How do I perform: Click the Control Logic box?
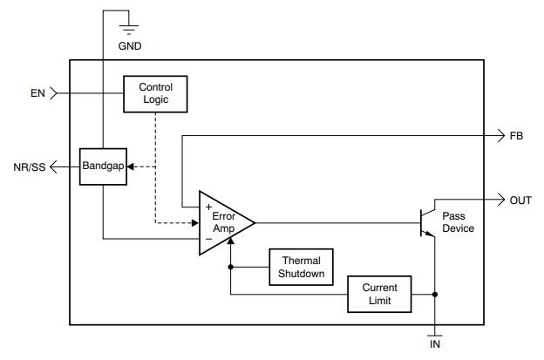point(155,93)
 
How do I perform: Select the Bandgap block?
point(102,166)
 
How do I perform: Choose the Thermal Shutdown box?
point(301,268)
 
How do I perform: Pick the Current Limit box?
point(379,295)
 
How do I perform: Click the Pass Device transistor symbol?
point(427,222)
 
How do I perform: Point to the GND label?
point(129,46)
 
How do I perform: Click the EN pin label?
point(37,92)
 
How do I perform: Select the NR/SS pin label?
point(29,166)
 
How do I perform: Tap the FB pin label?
point(515,136)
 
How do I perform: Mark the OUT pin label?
point(520,200)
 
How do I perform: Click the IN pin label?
point(434,344)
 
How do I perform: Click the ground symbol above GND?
point(129,26)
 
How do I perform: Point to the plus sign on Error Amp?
point(208,207)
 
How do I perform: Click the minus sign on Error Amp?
point(208,237)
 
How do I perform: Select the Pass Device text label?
point(458,221)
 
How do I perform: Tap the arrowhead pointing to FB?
point(499,136)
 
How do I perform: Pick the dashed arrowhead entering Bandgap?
point(130,166)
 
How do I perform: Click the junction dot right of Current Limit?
point(434,295)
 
